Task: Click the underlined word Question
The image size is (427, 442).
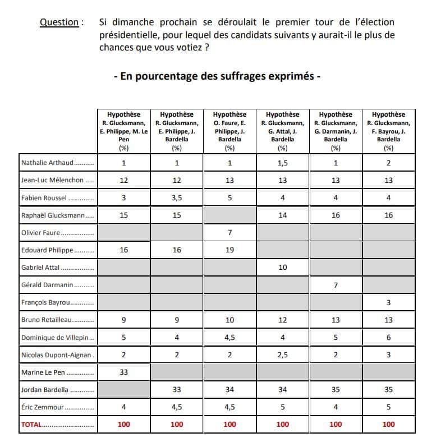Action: [x=59, y=22]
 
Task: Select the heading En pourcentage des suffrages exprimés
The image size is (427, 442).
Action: [x=217, y=76]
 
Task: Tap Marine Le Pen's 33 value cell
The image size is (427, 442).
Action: [x=123, y=372]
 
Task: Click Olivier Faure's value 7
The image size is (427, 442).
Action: [x=229, y=233]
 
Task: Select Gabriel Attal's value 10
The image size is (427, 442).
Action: [x=283, y=268]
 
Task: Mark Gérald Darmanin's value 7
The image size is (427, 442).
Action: [x=336, y=285]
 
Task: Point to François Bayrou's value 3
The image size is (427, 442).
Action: [x=388, y=302]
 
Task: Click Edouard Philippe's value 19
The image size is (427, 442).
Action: [x=229, y=250]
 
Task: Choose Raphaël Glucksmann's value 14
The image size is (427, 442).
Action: [x=283, y=215]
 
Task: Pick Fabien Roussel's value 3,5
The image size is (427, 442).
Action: [x=177, y=198]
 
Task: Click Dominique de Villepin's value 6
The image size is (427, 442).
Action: [x=388, y=338]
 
